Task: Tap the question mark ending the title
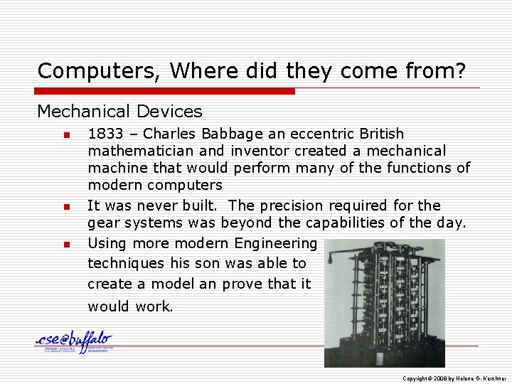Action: [x=462, y=71]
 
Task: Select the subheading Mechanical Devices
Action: [x=119, y=112]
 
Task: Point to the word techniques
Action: [x=126, y=263]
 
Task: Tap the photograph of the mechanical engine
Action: [x=384, y=302]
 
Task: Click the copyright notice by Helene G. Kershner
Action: [x=453, y=378]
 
